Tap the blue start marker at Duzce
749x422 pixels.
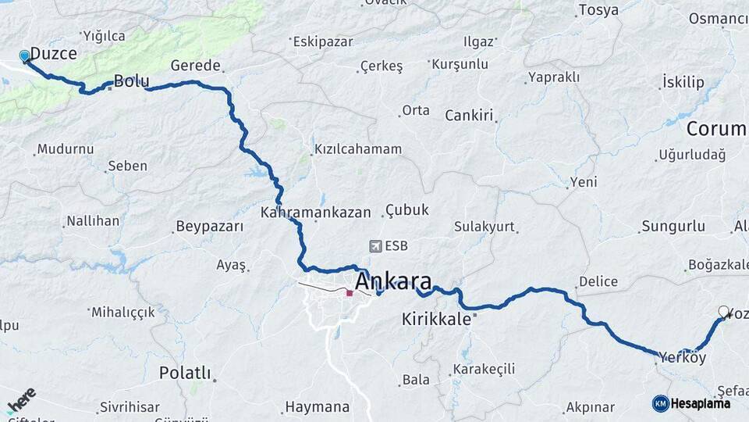25,56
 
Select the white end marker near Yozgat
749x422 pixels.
723,311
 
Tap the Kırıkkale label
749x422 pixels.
437,319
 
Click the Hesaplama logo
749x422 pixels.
691,403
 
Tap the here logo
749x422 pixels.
21,401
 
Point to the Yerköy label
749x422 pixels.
682,357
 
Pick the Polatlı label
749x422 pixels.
185,373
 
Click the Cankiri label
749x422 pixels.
470,116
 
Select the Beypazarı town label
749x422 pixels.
210,227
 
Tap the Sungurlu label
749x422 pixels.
673,227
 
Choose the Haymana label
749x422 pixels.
317,407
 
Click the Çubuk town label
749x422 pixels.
406,211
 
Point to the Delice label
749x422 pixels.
598,281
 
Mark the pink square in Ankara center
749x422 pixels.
350,293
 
